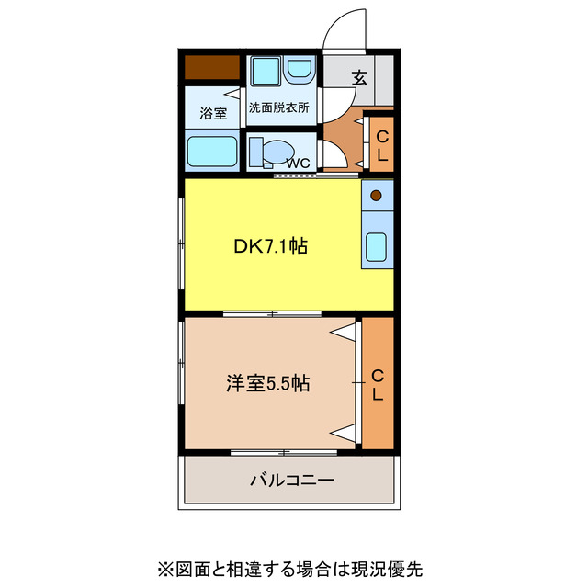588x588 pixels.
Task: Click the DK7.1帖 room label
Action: (270, 246)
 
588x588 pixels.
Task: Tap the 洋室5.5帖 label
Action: (267, 384)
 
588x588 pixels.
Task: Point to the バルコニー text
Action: (291, 480)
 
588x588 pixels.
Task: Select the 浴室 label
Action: (214, 114)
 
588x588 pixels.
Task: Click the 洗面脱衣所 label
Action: (278, 107)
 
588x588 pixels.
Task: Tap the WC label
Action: (298, 164)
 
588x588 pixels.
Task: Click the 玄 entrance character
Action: (359, 79)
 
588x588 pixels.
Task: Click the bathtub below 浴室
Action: (213, 151)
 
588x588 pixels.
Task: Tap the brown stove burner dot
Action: (377, 195)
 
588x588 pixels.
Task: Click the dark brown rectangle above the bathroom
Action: (212, 68)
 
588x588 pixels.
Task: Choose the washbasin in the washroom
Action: (299, 71)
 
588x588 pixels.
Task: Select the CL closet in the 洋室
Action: (378, 384)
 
